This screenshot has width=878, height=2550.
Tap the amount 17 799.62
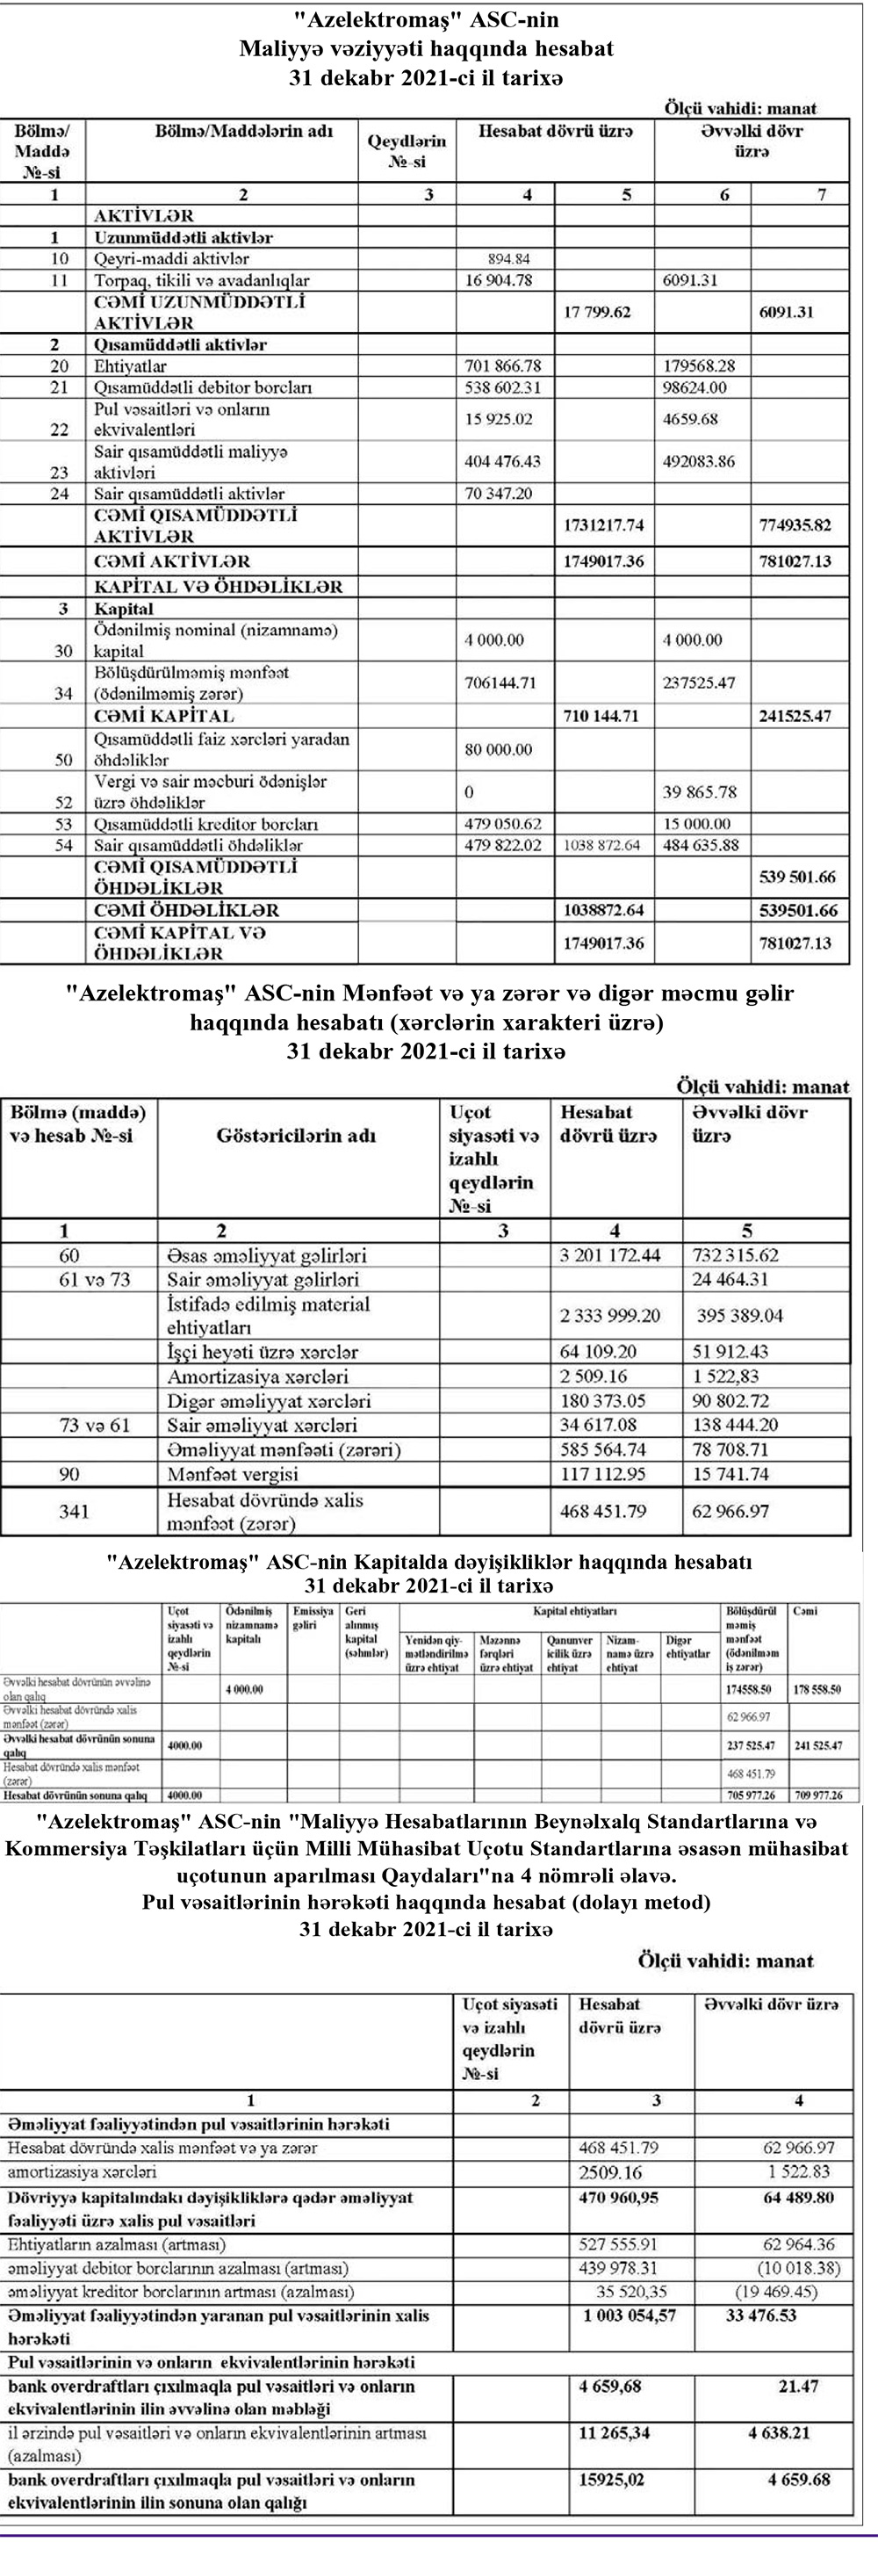coord(596,313)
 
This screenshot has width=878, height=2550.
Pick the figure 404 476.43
coord(504,462)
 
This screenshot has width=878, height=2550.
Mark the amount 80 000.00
coord(498,749)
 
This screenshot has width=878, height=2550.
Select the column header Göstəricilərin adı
coord(296,1136)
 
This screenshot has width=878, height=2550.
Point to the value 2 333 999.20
coord(609,1316)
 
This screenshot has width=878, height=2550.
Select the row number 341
coord(73,1512)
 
